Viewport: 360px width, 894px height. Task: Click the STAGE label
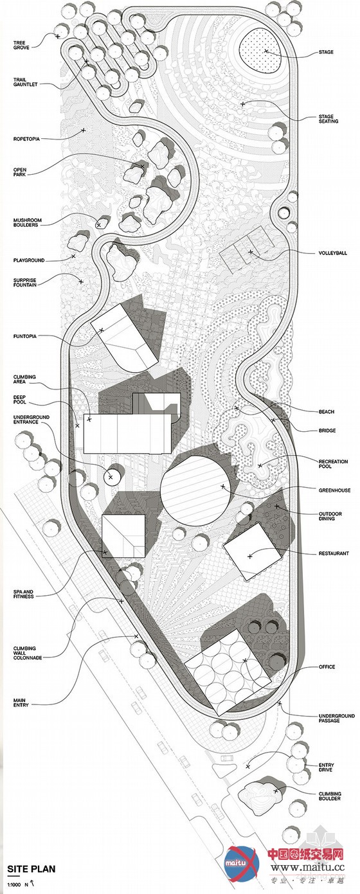tap(326, 52)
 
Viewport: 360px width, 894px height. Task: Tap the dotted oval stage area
tap(265, 51)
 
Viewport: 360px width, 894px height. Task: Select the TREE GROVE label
tap(21, 45)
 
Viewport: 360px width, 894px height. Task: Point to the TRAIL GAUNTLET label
tap(26, 82)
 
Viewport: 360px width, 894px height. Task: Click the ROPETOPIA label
tap(26, 139)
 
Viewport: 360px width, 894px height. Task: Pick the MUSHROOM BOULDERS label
tap(27, 222)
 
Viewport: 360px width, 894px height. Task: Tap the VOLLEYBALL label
tap(332, 253)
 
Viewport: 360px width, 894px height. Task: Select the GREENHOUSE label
tap(334, 490)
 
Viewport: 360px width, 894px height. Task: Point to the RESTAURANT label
tap(333, 553)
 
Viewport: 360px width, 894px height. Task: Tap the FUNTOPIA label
tap(24, 336)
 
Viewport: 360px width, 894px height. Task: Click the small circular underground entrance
tap(111, 477)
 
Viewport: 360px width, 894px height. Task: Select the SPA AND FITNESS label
tap(24, 594)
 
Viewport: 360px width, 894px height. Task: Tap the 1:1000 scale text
tap(14, 881)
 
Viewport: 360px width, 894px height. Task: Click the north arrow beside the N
tap(32, 881)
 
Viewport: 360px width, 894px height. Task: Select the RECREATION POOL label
tap(333, 463)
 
